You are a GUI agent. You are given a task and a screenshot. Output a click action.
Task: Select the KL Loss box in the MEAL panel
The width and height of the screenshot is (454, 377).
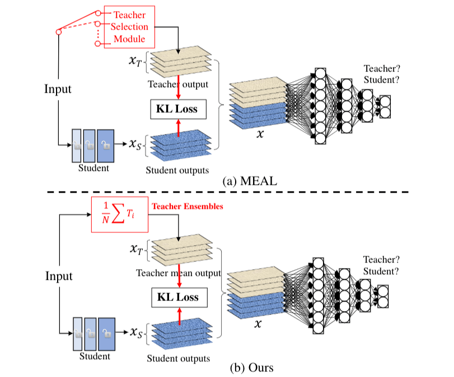point(178,108)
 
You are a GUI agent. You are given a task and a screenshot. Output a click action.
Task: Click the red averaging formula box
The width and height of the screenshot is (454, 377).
point(120,214)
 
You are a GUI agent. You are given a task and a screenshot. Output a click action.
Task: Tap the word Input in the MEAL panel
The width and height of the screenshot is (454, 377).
point(58,89)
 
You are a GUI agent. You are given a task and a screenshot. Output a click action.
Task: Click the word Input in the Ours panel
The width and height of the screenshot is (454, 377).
point(59,276)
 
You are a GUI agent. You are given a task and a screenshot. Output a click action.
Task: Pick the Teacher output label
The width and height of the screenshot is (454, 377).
point(177,85)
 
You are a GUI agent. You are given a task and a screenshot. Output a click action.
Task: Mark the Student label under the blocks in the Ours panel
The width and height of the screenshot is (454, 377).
point(94,356)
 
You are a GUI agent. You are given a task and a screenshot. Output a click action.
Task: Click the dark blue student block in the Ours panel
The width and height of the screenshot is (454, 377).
point(105,333)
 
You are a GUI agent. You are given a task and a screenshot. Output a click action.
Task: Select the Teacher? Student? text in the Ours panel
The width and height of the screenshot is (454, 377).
point(381,265)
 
